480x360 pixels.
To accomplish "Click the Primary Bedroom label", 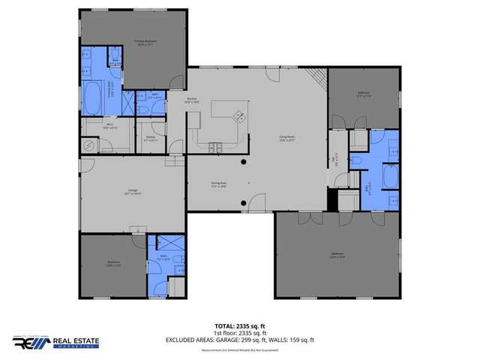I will point(144,42).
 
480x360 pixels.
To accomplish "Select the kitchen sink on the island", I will point(241,115).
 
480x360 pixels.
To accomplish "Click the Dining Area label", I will point(218,184).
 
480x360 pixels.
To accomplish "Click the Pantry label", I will point(151,139).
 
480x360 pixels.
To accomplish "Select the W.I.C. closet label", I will point(109,126).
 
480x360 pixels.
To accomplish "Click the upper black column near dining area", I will point(243,162).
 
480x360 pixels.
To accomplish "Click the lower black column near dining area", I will point(243,202).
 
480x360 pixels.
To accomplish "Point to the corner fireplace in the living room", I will point(319,75).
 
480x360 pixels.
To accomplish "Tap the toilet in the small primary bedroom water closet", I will point(115,53).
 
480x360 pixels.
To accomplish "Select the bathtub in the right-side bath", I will point(391,177).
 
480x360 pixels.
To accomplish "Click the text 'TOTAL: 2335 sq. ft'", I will point(239,326).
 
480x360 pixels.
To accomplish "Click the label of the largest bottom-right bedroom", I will point(337,255).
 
